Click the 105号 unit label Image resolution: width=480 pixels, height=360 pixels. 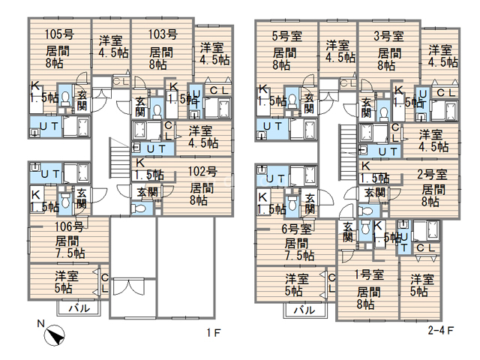click(59, 34)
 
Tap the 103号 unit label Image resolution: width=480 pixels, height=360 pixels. click(163, 34)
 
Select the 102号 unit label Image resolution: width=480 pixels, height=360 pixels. click(202, 172)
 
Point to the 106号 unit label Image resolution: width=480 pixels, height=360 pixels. click(69, 226)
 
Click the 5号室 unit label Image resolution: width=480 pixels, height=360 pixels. click(287, 36)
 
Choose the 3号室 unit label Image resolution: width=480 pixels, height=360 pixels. click(388, 36)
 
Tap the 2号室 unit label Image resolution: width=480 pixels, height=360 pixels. click(432, 174)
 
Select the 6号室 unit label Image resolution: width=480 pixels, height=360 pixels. click(297, 229)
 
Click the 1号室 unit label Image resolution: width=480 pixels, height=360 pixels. click(369, 274)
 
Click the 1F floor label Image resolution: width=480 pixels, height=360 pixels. click(213, 333)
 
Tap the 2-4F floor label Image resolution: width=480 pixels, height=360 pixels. click(441, 330)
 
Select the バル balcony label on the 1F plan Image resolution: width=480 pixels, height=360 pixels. click(79, 308)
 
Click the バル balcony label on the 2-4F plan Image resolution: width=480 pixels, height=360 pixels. click(304, 310)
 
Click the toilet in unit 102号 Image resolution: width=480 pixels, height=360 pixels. click(139, 208)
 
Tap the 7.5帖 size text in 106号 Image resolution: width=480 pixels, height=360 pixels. click(70, 253)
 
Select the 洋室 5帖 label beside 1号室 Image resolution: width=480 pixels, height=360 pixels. click(421, 286)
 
